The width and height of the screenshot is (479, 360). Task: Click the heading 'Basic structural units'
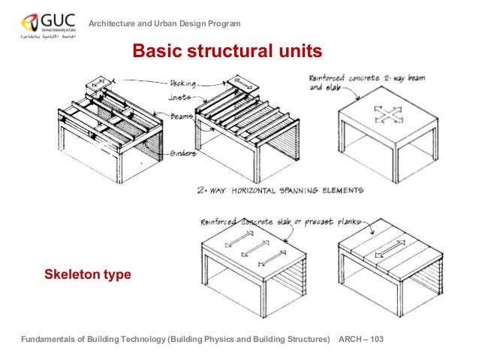pyautogui.click(x=227, y=51)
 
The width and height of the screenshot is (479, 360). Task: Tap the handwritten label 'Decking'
pyautogui.click(x=182, y=83)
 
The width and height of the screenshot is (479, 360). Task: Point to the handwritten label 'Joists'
pyautogui.click(x=181, y=98)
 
